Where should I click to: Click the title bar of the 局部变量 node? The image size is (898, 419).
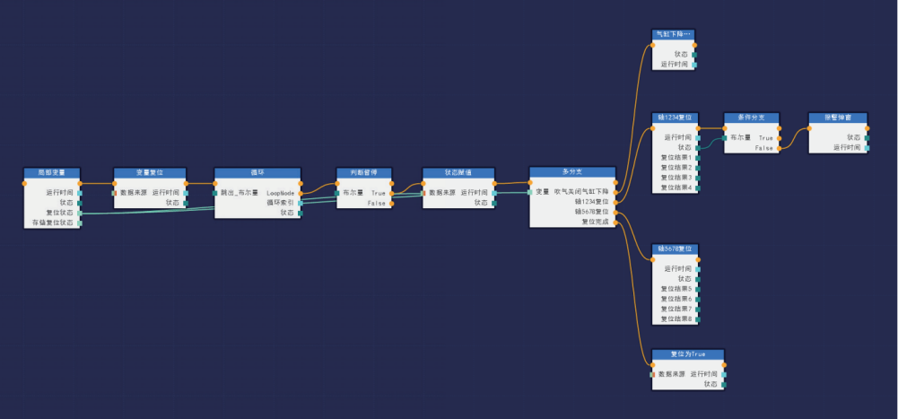tap(51, 171)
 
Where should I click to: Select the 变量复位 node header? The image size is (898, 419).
tap(150, 171)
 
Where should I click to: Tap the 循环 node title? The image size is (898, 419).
tap(257, 171)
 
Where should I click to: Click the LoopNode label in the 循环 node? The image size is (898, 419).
tap(280, 193)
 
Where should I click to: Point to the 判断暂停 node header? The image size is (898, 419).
tap(364, 171)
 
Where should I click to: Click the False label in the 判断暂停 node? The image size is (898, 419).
tap(377, 204)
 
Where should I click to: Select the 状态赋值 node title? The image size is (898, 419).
tap(459, 171)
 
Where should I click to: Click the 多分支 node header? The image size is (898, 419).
tap(572, 170)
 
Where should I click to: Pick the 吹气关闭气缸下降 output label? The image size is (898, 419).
tap(581, 192)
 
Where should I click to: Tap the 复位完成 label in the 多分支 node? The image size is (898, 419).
tap(595, 222)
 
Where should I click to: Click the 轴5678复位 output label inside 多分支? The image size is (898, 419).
tap(591, 212)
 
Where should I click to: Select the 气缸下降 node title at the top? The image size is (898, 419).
tap(673, 33)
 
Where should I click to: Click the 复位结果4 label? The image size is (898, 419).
tap(677, 188)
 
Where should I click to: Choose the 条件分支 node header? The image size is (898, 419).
tap(752, 117)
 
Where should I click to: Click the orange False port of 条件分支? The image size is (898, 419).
tap(780, 148)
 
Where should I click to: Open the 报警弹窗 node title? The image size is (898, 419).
tap(838, 117)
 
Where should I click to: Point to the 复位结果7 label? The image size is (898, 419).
tap(677, 309)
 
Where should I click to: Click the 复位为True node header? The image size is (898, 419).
tap(688, 354)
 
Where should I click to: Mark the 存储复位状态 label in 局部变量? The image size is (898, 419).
tap(52, 223)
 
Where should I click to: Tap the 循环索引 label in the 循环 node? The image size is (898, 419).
tap(280, 203)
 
